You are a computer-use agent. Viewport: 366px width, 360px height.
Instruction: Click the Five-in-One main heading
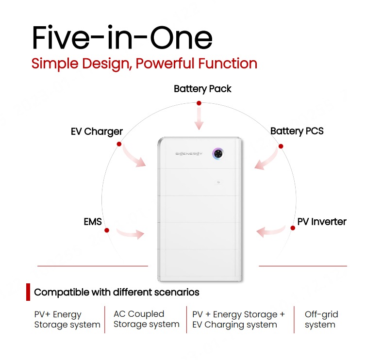coord(122,37)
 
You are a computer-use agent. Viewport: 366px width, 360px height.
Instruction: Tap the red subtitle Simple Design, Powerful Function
coord(144,64)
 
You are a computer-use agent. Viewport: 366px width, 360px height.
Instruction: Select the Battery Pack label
coord(202,89)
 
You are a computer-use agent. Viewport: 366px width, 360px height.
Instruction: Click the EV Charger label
coord(97,132)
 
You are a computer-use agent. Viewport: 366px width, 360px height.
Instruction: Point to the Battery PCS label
coord(297,131)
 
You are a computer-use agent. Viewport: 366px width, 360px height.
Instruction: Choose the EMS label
coord(93,222)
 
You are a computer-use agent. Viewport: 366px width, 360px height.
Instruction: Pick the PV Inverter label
coord(322,222)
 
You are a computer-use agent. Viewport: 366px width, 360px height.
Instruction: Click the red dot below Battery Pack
coord(199,103)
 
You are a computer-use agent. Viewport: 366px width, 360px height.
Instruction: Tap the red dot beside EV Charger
coord(119,144)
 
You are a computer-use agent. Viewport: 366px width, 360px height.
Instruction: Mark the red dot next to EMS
coord(107,230)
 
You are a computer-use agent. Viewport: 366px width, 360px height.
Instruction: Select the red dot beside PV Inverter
coord(293,228)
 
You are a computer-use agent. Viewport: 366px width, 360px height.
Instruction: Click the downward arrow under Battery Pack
coord(199,119)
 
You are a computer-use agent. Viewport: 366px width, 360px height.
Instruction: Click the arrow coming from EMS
coord(131,233)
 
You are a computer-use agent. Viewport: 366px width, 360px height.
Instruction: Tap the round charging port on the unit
coord(218,154)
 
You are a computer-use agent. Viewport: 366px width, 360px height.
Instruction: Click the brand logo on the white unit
coord(189,154)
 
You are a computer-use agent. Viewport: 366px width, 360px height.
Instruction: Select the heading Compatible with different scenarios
coord(116,293)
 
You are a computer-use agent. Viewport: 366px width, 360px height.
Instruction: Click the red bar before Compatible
coord(28,292)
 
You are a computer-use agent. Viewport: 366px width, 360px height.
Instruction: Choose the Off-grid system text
coord(321,320)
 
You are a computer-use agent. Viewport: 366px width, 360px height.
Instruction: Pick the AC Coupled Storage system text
coord(147,319)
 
